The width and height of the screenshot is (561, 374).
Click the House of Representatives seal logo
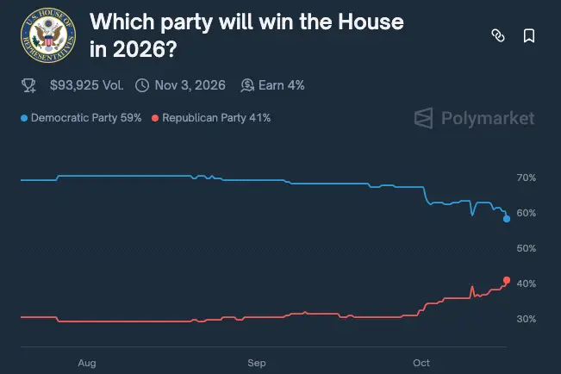pos(48,35)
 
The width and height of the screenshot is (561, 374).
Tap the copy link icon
pos(497,35)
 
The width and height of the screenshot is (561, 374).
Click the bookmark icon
pos(529,35)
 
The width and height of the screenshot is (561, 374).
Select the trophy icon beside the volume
pos(28,85)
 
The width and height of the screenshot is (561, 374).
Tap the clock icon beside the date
pos(142,85)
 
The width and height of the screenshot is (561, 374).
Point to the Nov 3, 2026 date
pos(190,85)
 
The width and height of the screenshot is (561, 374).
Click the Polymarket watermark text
pos(488,118)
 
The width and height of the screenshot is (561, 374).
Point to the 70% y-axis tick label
pos(526,178)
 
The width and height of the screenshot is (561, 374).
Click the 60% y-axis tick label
pos(526,213)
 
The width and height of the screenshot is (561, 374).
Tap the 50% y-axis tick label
pos(526,248)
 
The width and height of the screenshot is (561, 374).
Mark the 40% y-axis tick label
pos(526,284)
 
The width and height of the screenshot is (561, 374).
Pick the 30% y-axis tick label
pos(526,319)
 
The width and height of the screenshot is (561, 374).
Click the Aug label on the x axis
pos(87,363)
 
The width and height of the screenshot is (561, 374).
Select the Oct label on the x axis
pos(421,363)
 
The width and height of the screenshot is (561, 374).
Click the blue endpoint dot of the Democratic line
pos(507,219)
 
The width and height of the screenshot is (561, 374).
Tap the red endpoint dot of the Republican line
pos(507,280)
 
